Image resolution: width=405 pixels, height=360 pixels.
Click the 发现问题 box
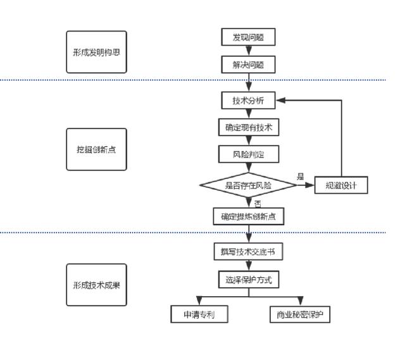tap(249, 37)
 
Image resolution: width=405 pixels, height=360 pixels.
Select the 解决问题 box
tap(249, 64)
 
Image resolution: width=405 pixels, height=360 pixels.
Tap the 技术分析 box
tap(249, 101)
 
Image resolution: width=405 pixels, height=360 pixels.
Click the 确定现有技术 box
tap(249, 127)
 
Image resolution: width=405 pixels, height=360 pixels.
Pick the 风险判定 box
tap(249, 153)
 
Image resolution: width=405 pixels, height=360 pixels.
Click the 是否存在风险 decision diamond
tap(249, 185)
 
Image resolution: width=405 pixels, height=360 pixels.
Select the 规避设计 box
tap(341, 185)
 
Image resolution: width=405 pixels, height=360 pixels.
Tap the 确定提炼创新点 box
tap(249, 216)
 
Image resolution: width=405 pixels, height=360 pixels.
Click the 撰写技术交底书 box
tap(249, 252)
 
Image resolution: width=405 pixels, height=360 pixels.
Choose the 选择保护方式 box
tap(249, 278)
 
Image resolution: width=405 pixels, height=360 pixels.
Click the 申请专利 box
tap(199, 314)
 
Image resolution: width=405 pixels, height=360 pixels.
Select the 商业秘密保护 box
tap(299, 314)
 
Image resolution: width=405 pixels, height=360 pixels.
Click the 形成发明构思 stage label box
tap(96, 52)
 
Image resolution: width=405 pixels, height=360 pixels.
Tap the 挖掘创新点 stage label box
tap(96, 149)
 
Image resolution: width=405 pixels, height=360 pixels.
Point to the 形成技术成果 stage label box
tap(96, 285)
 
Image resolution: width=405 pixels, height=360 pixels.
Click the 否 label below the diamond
tap(258, 203)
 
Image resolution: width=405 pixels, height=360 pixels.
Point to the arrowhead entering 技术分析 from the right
tap(280, 101)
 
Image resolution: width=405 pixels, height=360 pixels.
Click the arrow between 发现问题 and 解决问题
tap(249, 51)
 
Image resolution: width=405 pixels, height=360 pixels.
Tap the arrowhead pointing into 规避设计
tap(311, 185)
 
